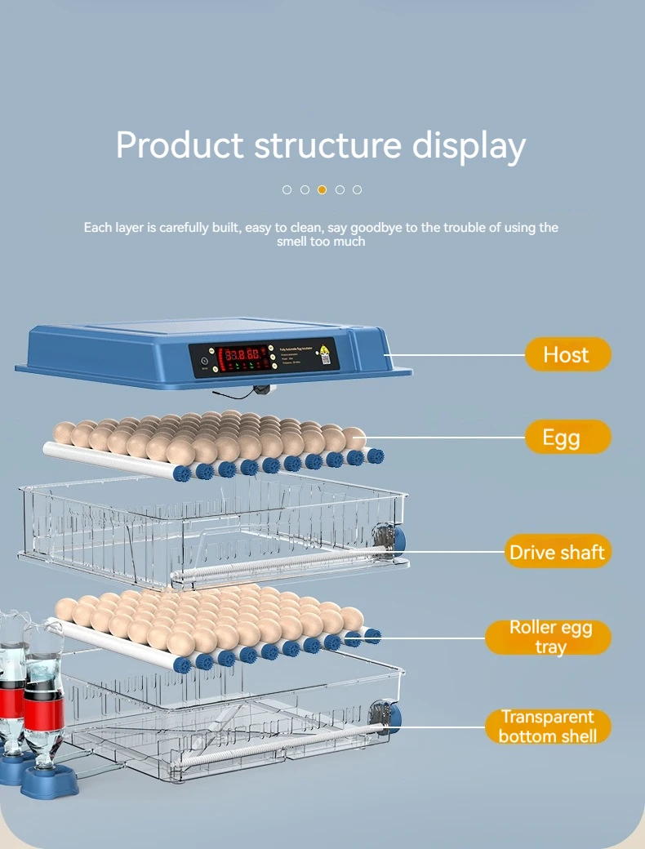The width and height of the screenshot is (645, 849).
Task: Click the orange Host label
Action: click(567, 355)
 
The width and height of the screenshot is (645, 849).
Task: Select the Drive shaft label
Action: click(557, 552)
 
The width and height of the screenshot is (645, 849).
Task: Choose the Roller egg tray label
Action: click(549, 637)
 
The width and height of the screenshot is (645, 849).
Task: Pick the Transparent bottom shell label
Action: click(548, 726)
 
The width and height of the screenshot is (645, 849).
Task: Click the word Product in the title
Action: click(180, 145)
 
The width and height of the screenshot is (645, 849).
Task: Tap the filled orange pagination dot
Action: click(322, 189)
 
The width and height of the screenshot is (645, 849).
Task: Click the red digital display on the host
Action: click(245, 355)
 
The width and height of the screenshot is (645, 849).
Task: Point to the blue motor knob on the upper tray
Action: click(395, 538)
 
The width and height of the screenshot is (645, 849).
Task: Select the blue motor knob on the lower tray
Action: click(393, 716)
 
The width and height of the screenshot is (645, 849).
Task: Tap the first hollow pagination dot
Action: click(287, 189)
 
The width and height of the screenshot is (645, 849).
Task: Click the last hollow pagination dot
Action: click(357, 189)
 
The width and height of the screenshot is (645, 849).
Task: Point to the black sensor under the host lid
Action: click(261, 389)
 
